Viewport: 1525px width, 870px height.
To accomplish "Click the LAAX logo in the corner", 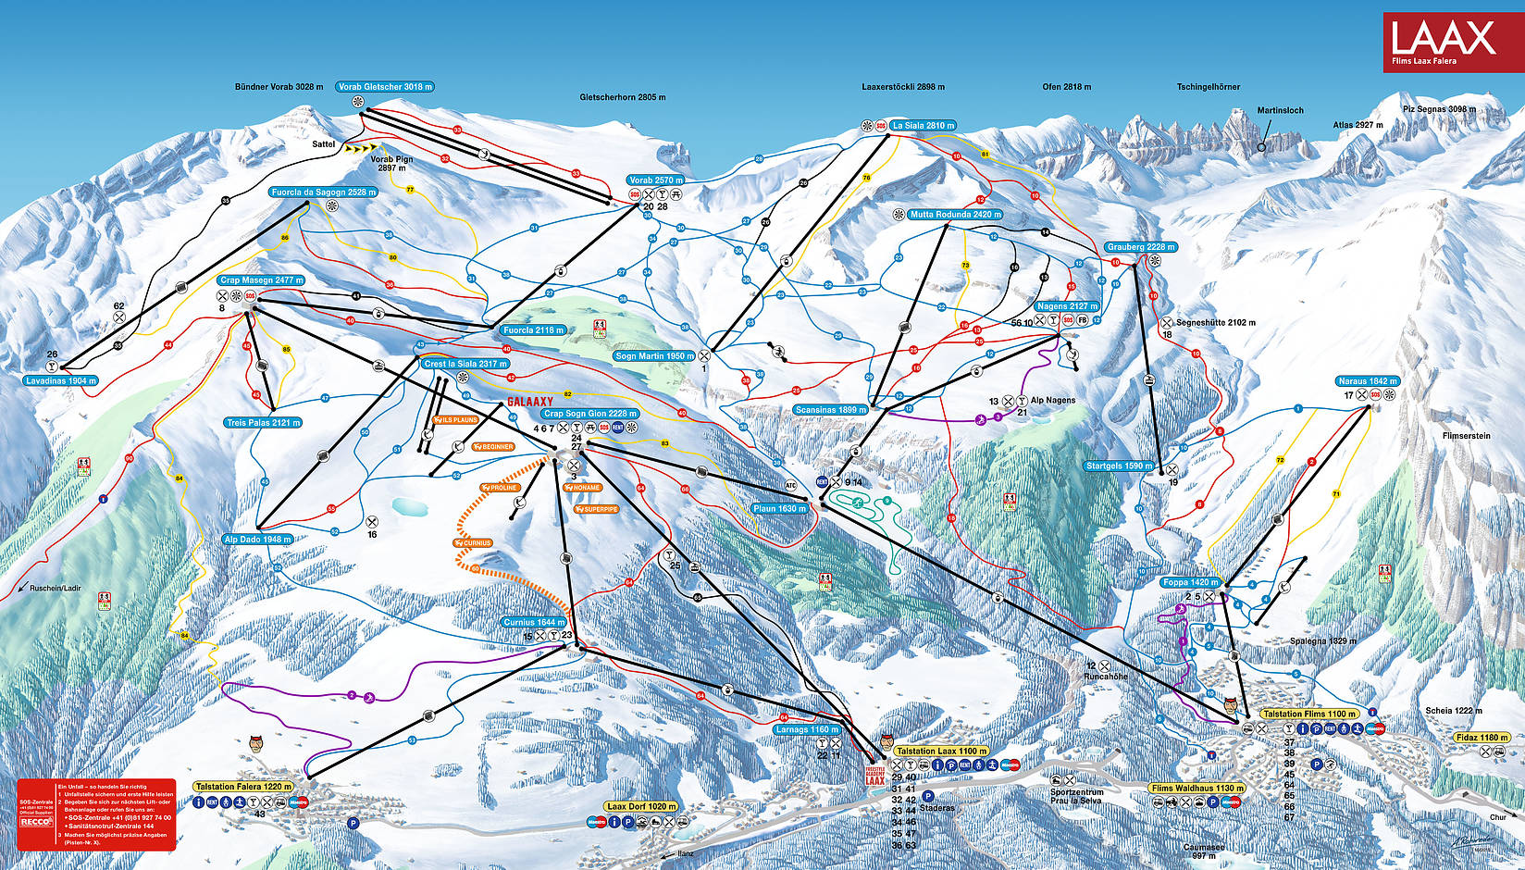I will pyautogui.click(x=1444, y=41).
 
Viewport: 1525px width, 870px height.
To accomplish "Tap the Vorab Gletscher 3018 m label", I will pyautogui.click(x=384, y=87).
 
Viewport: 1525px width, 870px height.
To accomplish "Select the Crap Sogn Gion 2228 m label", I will pyautogui.click(x=589, y=414).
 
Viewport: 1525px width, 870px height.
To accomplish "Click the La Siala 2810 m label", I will pyautogui.click(x=922, y=125).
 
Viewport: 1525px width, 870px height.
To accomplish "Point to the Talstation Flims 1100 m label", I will pyautogui.click(x=1309, y=714).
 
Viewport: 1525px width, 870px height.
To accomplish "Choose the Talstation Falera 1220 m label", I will pyautogui.click(x=243, y=787).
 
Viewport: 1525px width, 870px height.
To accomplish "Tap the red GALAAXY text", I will pyautogui.click(x=529, y=402).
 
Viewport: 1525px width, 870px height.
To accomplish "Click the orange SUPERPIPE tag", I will pyautogui.click(x=596, y=509).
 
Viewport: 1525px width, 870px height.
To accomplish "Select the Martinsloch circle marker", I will pyautogui.click(x=1260, y=147).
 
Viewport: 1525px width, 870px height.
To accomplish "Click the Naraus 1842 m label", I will pyautogui.click(x=1367, y=381).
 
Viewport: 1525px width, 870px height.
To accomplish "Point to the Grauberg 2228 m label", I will pyautogui.click(x=1140, y=247).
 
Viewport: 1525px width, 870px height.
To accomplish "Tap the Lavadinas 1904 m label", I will pyautogui.click(x=60, y=380).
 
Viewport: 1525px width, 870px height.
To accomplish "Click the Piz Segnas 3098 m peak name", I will pyautogui.click(x=1439, y=109).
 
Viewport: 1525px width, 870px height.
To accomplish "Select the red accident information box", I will pyautogui.click(x=95, y=814).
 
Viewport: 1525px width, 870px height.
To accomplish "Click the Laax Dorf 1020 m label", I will pyautogui.click(x=641, y=806).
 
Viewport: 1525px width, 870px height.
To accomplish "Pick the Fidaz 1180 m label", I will pyautogui.click(x=1481, y=738).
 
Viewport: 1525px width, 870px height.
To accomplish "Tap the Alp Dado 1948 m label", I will pyautogui.click(x=258, y=539).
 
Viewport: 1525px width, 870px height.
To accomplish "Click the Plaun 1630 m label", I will pyautogui.click(x=779, y=508).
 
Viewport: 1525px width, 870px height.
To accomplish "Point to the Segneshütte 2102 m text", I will pyautogui.click(x=1215, y=323).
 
